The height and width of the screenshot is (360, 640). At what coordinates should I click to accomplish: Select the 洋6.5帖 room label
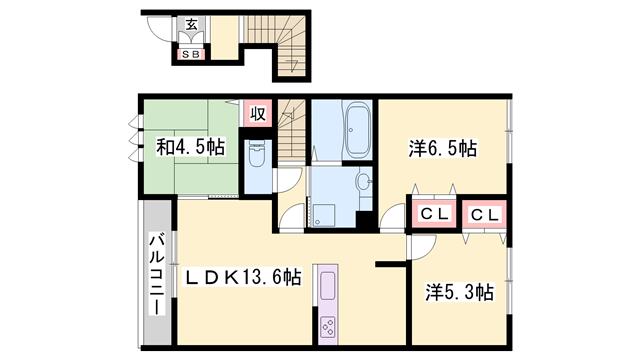(x=441, y=149)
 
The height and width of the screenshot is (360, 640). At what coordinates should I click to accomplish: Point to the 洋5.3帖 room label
(x=459, y=292)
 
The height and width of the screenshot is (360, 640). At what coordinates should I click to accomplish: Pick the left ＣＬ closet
(x=432, y=214)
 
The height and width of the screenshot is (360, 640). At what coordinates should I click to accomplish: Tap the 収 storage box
(x=257, y=114)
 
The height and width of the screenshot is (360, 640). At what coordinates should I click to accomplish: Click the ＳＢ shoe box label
(x=189, y=54)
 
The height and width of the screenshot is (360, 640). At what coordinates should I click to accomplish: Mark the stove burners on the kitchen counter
(x=327, y=325)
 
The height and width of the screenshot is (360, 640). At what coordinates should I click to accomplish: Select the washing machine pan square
(x=323, y=214)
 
